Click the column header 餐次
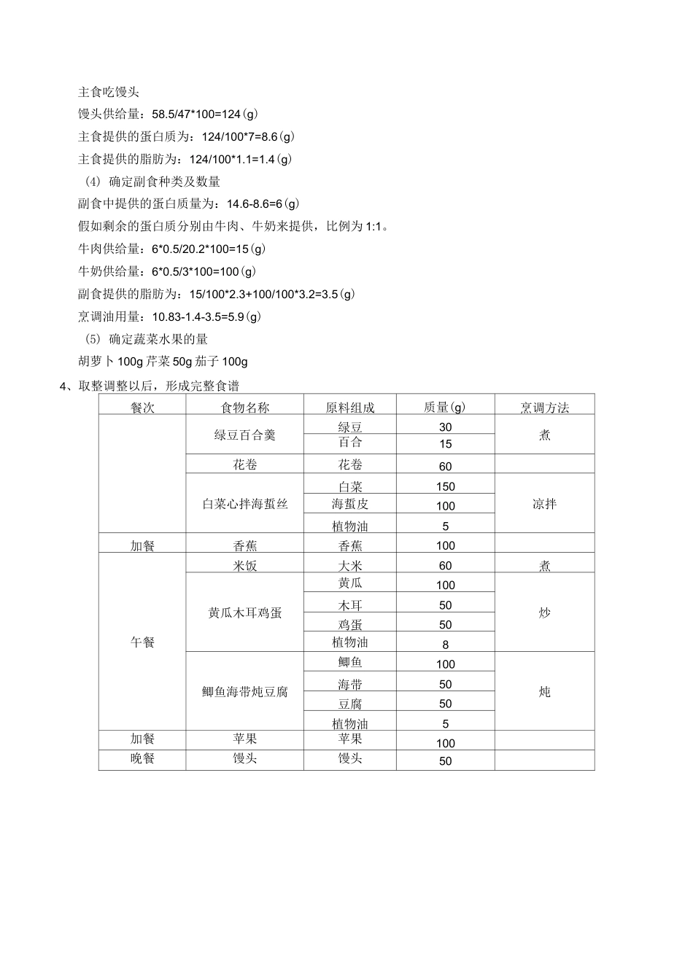click(142, 408)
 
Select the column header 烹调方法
click(544, 408)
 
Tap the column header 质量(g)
click(445, 408)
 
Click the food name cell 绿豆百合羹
click(244, 435)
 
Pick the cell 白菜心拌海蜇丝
click(244, 504)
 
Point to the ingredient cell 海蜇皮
click(350, 504)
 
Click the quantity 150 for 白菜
click(445, 486)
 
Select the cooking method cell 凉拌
click(544, 504)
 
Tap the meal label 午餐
click(142, 642)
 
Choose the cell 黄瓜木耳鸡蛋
click(244, 613)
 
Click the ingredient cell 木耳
click(350, 605)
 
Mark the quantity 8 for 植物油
click(445, 645)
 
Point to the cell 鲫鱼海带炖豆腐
click(244, 692)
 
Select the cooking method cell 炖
click(544, 692)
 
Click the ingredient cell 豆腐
click(350, 704)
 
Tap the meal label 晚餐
click(142, 759)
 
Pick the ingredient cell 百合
click(350, 443)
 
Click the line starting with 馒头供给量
click(168, 114)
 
